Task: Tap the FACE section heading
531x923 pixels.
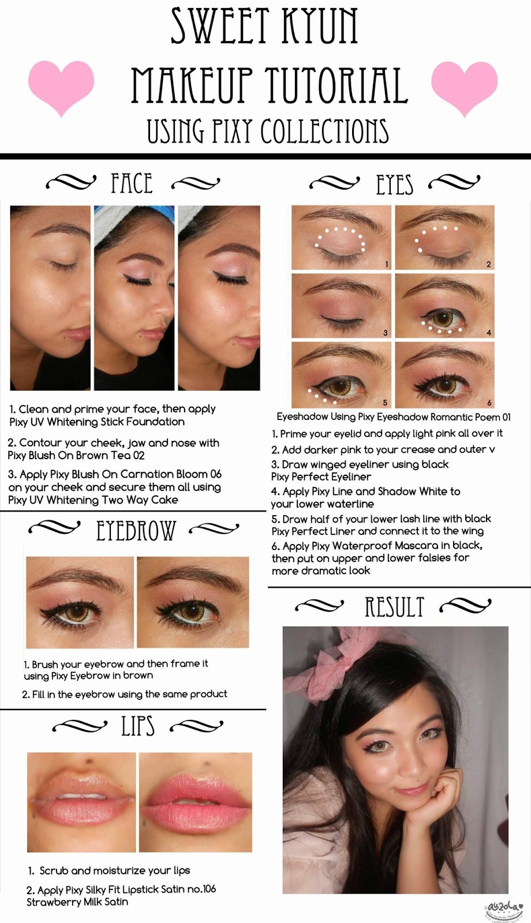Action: click(132, 183)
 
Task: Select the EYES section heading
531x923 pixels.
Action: click(394, 184)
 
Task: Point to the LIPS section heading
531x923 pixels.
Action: click(138, 726)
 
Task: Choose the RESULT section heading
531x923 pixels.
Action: click(395, 606)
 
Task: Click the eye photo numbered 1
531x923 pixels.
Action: click(341, 238)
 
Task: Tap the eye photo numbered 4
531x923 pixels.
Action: click(444, 306)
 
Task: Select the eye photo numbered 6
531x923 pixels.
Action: click(444, 374)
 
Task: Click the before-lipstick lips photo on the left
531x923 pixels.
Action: click(81, 802)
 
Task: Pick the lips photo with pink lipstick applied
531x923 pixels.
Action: click(196, 802)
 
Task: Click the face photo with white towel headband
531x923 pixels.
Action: click(134, 298)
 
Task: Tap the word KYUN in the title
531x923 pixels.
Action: click(318, 25)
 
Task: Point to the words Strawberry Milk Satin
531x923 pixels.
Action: click(77, 902)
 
